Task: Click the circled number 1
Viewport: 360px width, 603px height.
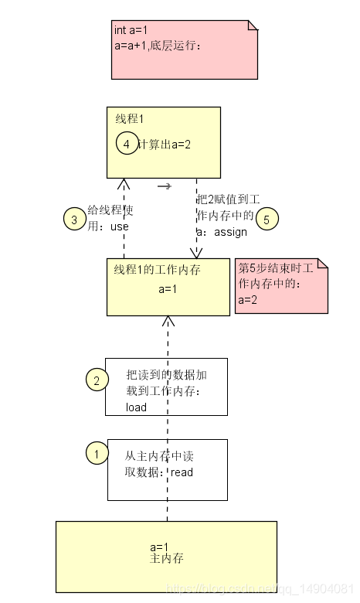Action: [x=97, y=453]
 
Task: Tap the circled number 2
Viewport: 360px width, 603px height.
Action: [x=97, y=380]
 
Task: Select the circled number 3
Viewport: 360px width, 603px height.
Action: [x=74, y=220]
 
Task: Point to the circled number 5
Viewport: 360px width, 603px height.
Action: [x=267, y=219]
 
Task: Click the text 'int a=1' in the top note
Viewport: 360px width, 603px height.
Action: [x=131, y=30]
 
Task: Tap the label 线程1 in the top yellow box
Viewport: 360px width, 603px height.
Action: [x=130, y=119]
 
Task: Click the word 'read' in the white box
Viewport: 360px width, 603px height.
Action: [x=182, y=472]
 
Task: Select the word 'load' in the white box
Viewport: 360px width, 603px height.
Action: [x=136, y=407]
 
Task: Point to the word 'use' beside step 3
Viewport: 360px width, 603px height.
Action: [x=120, y=227]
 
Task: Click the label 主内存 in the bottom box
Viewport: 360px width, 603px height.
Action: [x=165, y=558]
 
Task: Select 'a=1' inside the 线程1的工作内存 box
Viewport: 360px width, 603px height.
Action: [x=168, y=289]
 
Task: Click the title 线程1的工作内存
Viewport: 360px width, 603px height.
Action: [x=158, y=270]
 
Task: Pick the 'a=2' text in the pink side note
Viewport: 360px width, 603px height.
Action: [x=247, y=300]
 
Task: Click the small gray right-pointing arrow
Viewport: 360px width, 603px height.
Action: [x=164, y=186]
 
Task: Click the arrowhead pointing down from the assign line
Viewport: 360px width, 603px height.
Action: [x=196, y=253]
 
